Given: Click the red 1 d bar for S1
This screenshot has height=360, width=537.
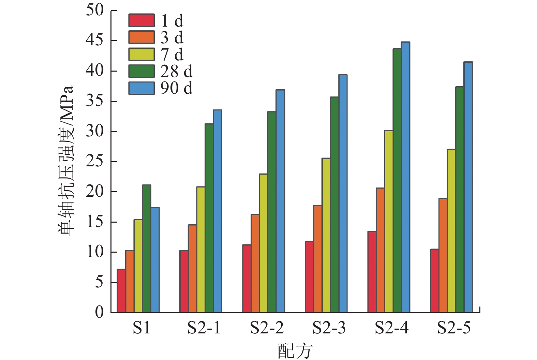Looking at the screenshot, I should tap(121, 290).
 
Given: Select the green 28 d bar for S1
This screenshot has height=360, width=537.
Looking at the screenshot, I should tap(146, 249).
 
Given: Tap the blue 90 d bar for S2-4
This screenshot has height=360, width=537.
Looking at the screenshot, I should tap(405, 177).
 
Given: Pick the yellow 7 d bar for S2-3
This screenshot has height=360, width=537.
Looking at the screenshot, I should tap(326, 235).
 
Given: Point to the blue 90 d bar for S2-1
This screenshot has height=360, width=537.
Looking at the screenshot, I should tap(218, 211).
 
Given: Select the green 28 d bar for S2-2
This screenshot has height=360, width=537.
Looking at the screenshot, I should tap(272, 212).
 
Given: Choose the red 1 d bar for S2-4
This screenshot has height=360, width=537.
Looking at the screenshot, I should tap(372, 272).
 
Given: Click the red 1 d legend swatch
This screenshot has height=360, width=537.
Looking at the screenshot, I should tap(141, 20).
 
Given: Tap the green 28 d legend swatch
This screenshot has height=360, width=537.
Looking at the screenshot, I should tap(141, 71).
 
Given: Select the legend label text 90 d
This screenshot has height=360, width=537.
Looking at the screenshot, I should tap(176, 88).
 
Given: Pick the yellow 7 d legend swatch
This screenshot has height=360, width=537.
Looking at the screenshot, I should tap(141, 54).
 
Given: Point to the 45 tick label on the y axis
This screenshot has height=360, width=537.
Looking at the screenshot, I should tap(94, 40).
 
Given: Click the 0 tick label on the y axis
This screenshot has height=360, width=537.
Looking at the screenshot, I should tap(99, 312).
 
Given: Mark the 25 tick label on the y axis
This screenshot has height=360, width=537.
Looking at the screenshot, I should tap(94, 161).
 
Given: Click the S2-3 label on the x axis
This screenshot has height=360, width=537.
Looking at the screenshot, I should tap(329, 328).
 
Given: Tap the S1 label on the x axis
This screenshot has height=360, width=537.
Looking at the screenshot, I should tap(141, 328).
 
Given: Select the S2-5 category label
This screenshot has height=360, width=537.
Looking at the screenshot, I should tap(454, 328).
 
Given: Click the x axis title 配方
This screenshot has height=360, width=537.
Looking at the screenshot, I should tap(295, 351).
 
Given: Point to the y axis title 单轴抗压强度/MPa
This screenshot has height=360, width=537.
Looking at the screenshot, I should tap(65, 161).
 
